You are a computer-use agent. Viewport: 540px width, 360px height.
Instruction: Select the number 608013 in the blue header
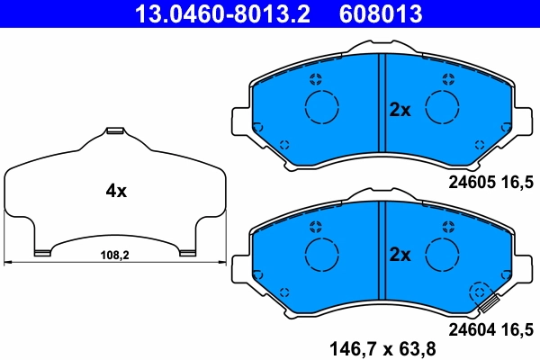point(381,13)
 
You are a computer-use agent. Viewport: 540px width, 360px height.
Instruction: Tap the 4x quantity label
point(116,191)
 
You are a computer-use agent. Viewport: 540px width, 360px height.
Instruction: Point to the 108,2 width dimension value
point(114,256)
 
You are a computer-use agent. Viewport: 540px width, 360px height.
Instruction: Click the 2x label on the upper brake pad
point(400,111)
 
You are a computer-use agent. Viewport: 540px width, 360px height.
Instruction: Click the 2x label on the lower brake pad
point(400,255)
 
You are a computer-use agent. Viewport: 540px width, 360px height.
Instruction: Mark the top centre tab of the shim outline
point(114,133)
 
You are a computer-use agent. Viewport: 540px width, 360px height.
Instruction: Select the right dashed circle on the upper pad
point(443,109)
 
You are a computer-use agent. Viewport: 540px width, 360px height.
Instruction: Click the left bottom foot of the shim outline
point(41,252)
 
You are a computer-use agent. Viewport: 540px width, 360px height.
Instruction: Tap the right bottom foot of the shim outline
point(187,252)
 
